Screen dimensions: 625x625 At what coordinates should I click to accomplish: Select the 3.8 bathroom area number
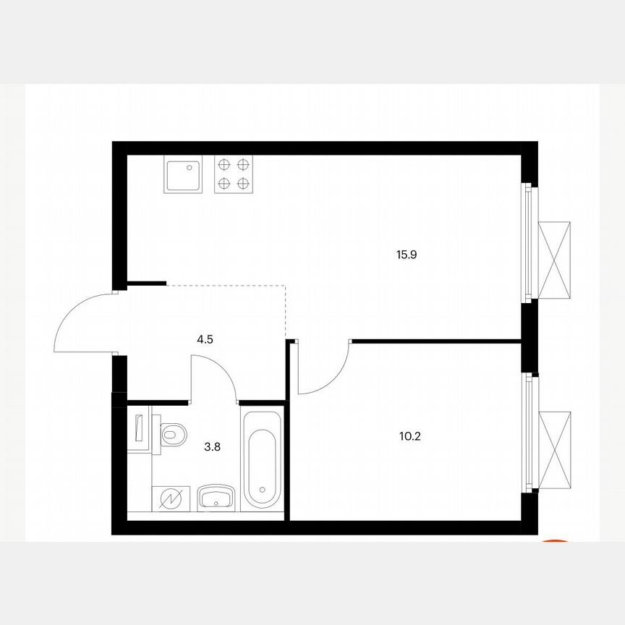pyautogui.click(x=212, y=446)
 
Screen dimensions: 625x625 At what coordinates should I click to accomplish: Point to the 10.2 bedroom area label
pyautogui.click(x=409, y=437)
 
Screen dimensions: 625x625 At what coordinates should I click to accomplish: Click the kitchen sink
pyautogui.click(x=186, y=175)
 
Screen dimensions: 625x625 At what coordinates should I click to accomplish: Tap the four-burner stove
pyautogui.click(x=234, y=175)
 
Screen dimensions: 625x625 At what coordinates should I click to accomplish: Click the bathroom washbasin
pyautogui.click(x=215, y=498)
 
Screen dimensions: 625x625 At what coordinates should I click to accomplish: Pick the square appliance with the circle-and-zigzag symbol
pyautogui.click(x=171, y=498)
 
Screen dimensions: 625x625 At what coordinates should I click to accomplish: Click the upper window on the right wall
pyautogui.click(x=530, y=243)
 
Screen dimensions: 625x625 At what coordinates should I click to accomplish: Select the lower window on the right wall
pyautogui.click(x=530, y=433)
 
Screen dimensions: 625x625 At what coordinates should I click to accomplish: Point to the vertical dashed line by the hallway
pyautogui.click(x=286, y=311)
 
